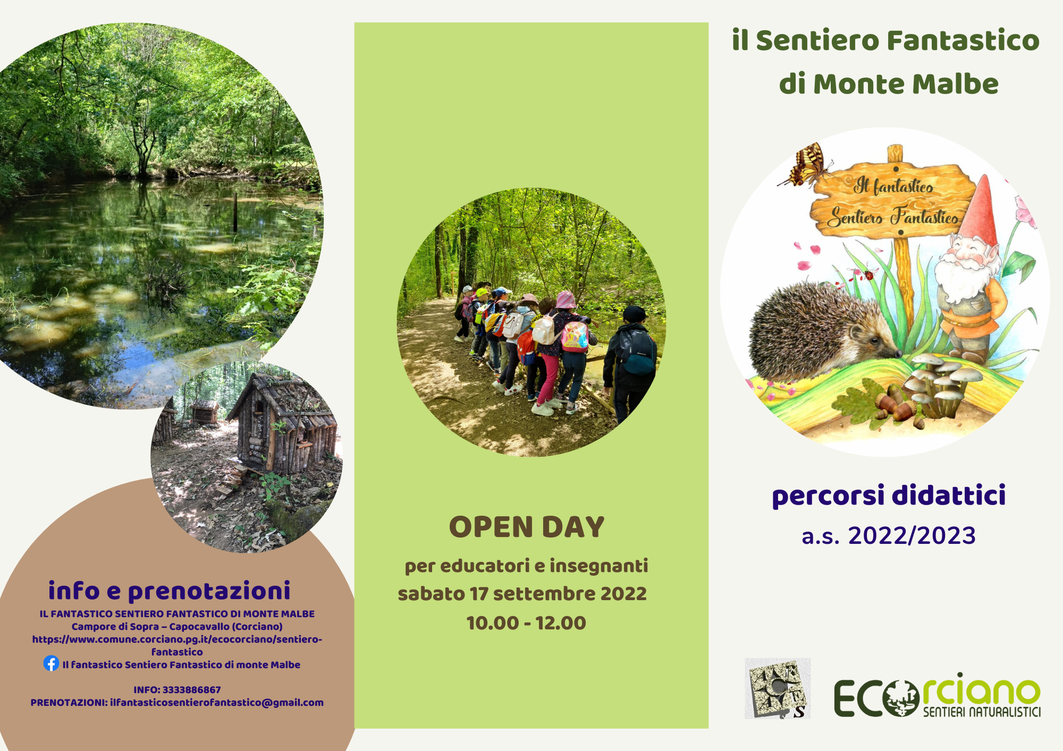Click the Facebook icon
pyautogui.click(x=51, y=663)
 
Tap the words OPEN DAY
pyautogui.click(x=527, y=527)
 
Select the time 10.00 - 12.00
pyautogui.click(x=526, y=623)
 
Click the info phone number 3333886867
pyautogui.click(x=191, y=690)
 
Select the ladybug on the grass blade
pyautogui.click(x=870, y=275)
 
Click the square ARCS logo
pyautogui.click(x=778, y=688)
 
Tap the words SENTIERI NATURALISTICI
pyautogui.click(x=982, y=712)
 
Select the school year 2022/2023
pyautogui.click(x=912, y=535)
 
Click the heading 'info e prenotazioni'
pyautogui.click(x=170, y=591)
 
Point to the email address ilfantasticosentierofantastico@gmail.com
pyautogui.click(x=217, y=703)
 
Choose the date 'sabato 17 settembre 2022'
pyautogui.click(x=522, y=594)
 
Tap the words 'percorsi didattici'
pyautogui.click(x=889, y=496)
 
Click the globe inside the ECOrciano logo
pyautogui.click(x=901, y=698)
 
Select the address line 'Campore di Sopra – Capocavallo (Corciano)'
pyautogui.click(x=177, y=627)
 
